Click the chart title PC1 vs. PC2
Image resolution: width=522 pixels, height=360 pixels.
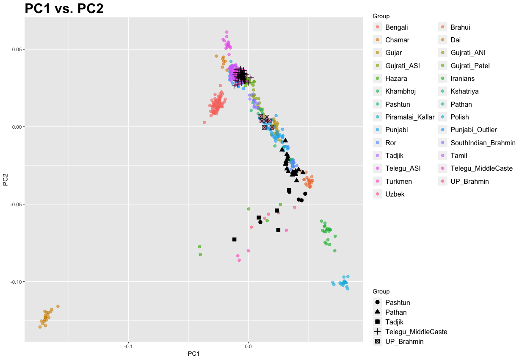coord(64,8)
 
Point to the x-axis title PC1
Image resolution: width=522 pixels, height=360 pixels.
coord(193,354)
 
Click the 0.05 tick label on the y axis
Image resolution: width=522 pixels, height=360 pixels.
coord(16,50)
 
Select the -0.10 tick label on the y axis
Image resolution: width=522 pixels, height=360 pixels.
coord(15,282)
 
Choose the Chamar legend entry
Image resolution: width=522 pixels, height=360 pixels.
coord(397,40)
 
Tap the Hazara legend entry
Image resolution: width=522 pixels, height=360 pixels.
coord(396,78)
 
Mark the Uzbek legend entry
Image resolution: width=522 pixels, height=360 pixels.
coord(395,194)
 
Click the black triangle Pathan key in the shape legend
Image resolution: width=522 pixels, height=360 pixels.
coord(378,312)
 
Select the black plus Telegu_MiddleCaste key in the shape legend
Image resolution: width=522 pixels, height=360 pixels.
coord(378,332)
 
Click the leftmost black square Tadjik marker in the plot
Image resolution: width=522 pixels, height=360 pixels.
coord(234,239)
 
